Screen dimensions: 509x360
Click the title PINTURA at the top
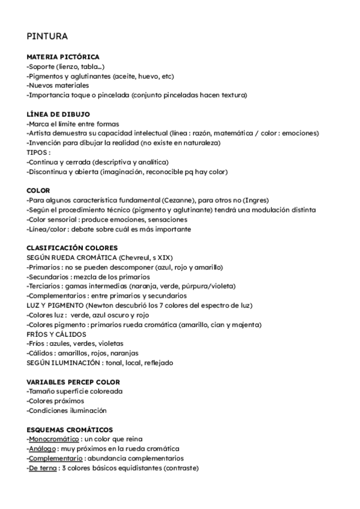[47, 36]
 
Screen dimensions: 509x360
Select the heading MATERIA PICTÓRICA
[63, 56]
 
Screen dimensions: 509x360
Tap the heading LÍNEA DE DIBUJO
[59, 114]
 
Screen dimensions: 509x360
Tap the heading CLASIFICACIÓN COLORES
[73, 247]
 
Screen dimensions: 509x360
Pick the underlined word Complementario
[55, 459]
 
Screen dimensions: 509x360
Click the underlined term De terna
[43, 468]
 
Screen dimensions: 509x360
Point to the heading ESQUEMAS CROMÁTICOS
[70, 430]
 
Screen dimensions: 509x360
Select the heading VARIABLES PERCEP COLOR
[73, 382]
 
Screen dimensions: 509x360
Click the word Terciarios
[46, 286]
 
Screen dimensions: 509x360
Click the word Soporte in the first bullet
[43, 66]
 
